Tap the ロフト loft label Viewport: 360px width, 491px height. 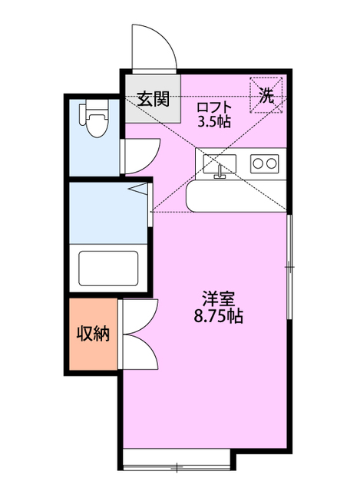213,107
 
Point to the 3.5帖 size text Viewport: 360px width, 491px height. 213,121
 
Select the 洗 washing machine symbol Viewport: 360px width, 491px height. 266,96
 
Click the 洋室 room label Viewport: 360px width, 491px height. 219,298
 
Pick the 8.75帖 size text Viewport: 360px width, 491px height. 219,315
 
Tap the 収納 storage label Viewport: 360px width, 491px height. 92,334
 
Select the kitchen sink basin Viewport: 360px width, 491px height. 220,163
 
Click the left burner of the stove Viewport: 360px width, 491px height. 259,163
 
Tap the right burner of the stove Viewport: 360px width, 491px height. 271,163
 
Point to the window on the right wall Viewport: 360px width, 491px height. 289,265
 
